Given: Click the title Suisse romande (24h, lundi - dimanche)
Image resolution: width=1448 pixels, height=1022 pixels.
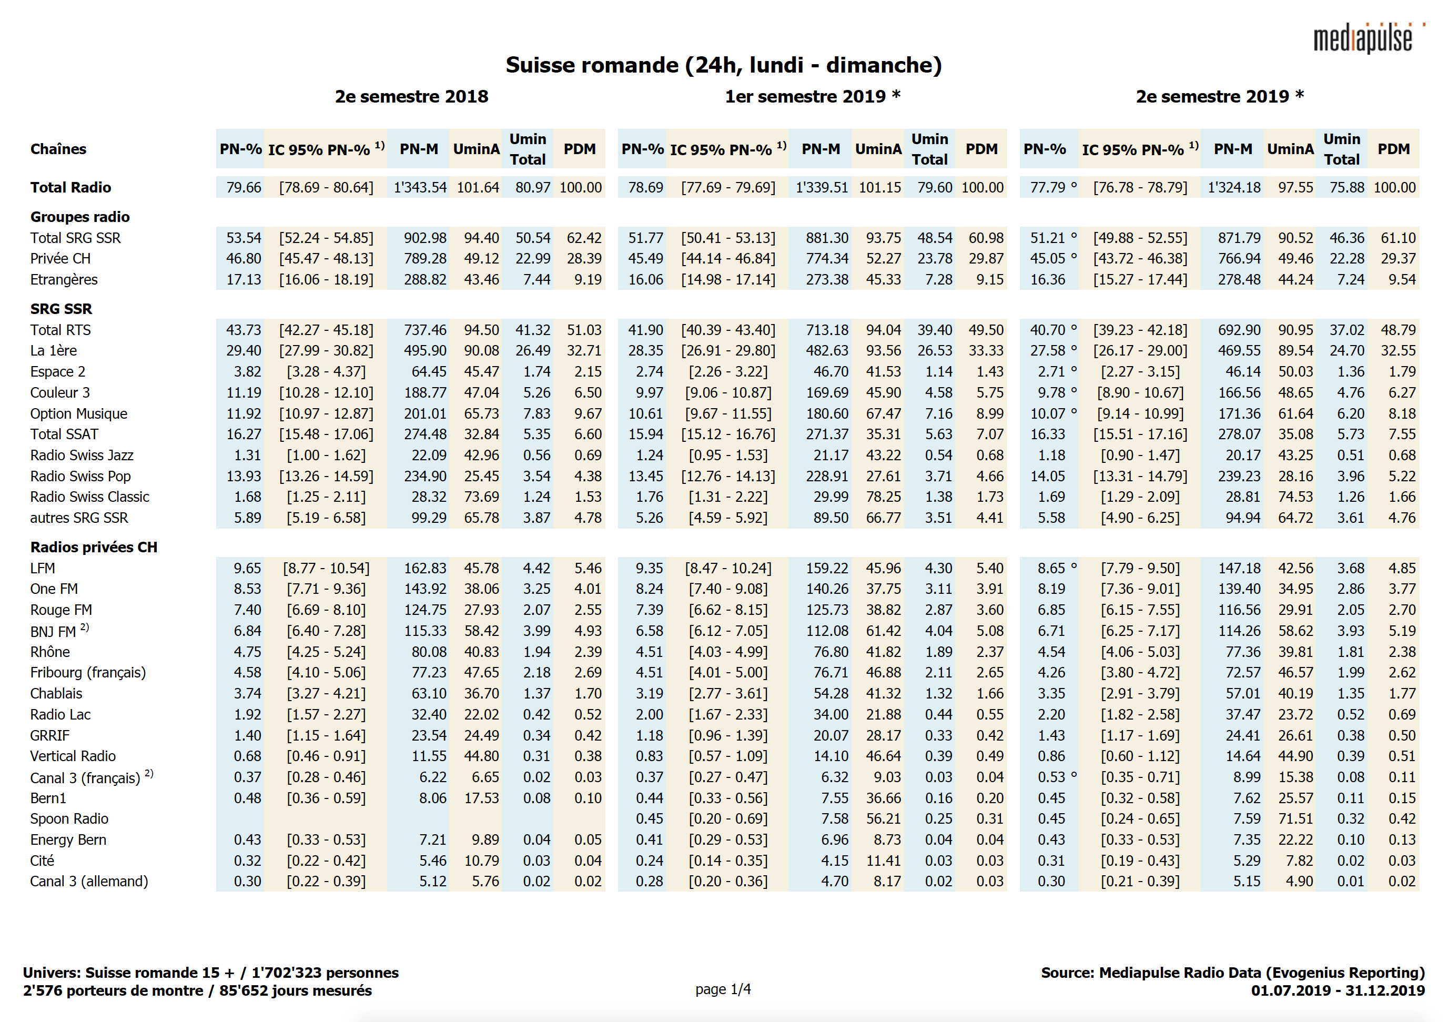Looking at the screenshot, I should pos(723,65).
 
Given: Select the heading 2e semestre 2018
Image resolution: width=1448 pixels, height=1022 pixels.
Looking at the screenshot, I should pos(411,97).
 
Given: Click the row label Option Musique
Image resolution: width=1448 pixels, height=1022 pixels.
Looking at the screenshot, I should pos(78,414).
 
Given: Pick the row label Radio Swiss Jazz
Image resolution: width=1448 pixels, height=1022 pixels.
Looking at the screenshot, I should pos(82,456).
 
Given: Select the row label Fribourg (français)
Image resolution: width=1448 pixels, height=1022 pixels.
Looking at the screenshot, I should pos(88,673).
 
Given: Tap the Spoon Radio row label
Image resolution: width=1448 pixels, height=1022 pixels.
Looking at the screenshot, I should pos(69,819).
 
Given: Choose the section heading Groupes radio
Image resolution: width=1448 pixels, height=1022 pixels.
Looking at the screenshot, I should pos(79,217).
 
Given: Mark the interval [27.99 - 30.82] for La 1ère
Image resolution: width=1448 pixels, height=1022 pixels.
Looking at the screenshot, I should pos(326,351).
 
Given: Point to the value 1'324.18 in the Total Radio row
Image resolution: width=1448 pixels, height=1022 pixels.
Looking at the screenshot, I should pos(1233,187).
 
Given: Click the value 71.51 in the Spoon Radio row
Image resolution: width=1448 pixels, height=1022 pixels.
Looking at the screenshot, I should pos(1295,819).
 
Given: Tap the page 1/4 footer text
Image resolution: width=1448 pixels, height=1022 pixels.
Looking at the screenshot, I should pos(723,989).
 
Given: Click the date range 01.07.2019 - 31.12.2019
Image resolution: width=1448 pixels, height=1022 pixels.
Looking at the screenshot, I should pos(1337,990).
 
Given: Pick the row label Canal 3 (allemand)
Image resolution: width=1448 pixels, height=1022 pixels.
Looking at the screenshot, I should pos(88,882).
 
